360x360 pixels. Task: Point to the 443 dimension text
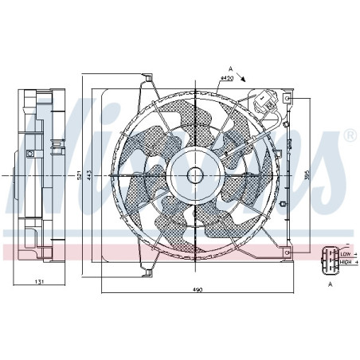(91, 175)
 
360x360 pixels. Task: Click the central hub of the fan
(195, 174)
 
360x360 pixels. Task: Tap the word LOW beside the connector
(344, 253)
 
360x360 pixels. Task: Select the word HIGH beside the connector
(345, 260)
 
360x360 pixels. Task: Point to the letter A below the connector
(329, 282)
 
